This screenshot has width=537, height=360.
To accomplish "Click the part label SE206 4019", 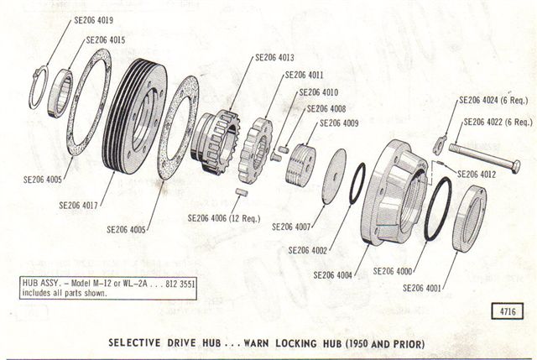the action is pos(93,20).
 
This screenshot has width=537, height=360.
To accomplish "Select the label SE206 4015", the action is pos(106,40).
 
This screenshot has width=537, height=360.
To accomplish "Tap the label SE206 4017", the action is pos(78,206).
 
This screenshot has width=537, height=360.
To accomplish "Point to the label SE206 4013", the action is pos(274,58).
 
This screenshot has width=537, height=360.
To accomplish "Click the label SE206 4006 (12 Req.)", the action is pos(224,218).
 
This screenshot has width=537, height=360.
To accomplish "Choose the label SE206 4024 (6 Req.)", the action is pos(493,101).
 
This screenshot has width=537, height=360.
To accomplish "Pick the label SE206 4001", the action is pos(422,288).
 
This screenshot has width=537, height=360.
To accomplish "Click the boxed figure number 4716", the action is pos(508,311).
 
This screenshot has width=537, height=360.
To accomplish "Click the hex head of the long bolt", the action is pos(515,166).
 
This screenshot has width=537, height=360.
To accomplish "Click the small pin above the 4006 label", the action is pos(242,192).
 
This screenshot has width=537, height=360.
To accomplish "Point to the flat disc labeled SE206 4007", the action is pos(335,176).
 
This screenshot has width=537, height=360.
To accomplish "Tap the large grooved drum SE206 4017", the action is pos(135,117).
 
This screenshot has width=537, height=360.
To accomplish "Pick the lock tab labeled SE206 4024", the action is pos(440,144).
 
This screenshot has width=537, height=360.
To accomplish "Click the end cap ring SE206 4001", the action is pos(470,219).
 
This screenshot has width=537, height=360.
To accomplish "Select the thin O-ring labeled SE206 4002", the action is pos(357,183).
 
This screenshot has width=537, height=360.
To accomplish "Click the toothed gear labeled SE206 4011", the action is pos(255,150).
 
